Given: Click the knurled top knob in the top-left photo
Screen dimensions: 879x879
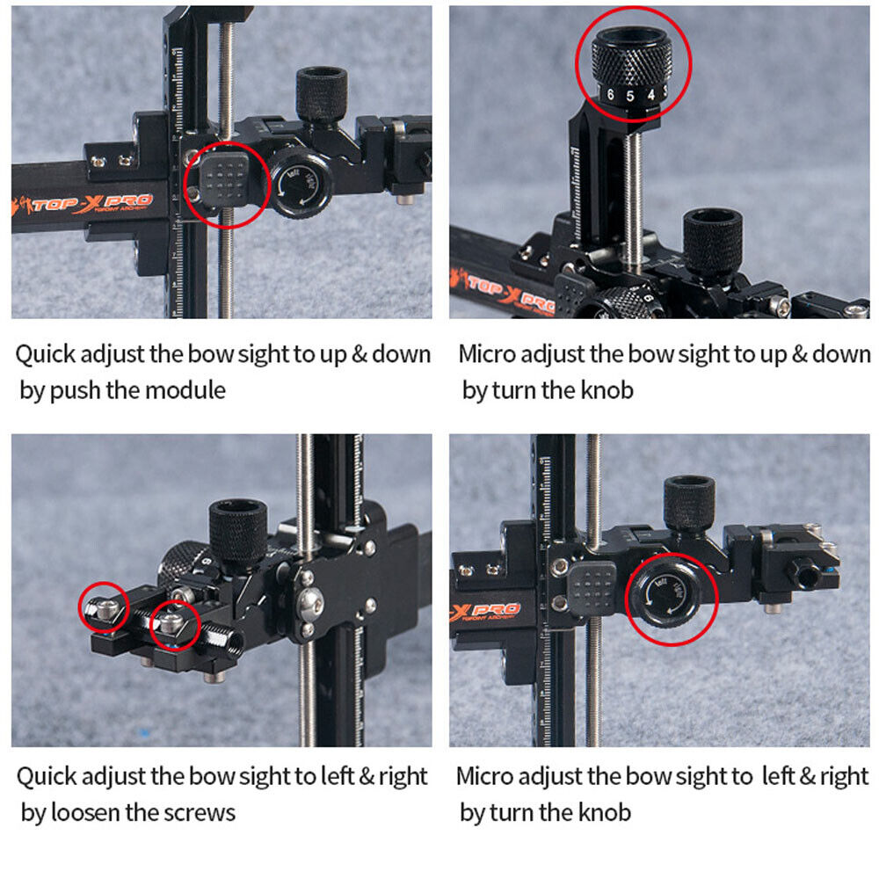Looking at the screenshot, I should pyautogui.click(x=322, y=93).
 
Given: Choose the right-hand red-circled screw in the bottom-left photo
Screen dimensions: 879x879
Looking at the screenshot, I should pyautogui.click(x=172, y=625).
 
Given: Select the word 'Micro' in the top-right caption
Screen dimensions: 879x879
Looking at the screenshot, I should pyautogui.click(x=489, y=354).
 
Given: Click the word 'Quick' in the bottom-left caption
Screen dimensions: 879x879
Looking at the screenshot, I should pyautogui.click(x=47, y=776).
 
